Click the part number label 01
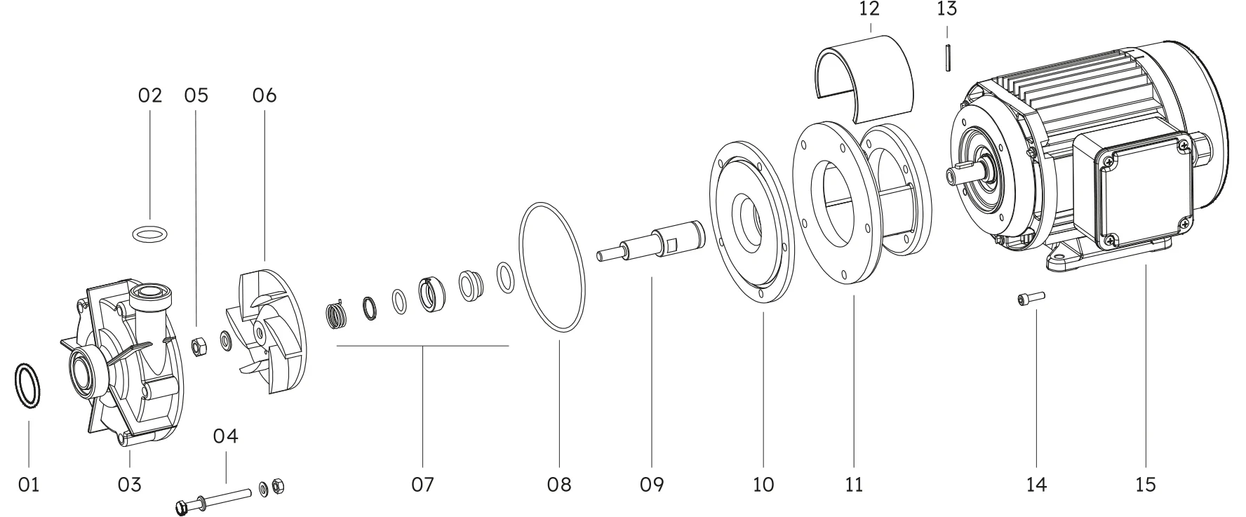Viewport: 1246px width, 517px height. (29, 484)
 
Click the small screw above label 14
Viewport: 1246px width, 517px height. (1029, 300)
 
